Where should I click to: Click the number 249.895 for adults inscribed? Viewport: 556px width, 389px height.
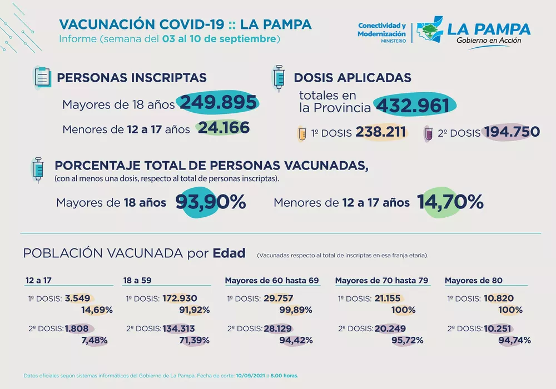[x=218, y=103]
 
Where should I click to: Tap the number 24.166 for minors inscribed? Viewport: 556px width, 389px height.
[x=224, y=128]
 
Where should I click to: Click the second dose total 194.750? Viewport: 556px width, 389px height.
[x=512, y=132]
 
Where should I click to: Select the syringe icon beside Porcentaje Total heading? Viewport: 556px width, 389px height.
[x=38, y=169]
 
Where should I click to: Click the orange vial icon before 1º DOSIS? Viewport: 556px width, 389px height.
[x=302, y=133]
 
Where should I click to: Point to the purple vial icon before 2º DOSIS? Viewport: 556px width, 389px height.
[x=429, y=133]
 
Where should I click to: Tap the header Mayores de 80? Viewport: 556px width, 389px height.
[x=473, y=281]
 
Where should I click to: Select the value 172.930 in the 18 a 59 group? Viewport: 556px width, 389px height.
[x=180, y=298]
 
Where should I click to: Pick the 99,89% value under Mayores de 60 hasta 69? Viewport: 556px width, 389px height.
[x=296, y=310]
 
